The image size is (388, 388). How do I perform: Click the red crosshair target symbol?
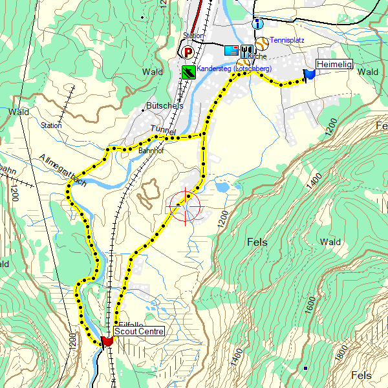click(185, 207)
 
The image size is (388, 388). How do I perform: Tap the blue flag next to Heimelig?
click(309, 74)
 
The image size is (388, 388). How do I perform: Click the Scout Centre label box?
click(138, 330)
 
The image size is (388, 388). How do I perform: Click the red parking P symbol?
click(188, 52)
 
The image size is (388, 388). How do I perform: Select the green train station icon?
click(188, 71)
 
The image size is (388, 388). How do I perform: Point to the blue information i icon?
click(257, 24)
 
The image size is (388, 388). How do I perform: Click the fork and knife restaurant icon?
click(246, 50)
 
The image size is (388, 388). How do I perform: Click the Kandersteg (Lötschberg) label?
click(234, 68)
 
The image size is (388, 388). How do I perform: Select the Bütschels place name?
click(165, 105)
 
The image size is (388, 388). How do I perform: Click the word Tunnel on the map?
click(162, 129)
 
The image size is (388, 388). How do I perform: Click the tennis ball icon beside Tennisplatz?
click(262, 43)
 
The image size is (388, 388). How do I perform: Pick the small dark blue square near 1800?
click(305, 369)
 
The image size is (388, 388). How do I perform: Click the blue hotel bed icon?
click(231, 50)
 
